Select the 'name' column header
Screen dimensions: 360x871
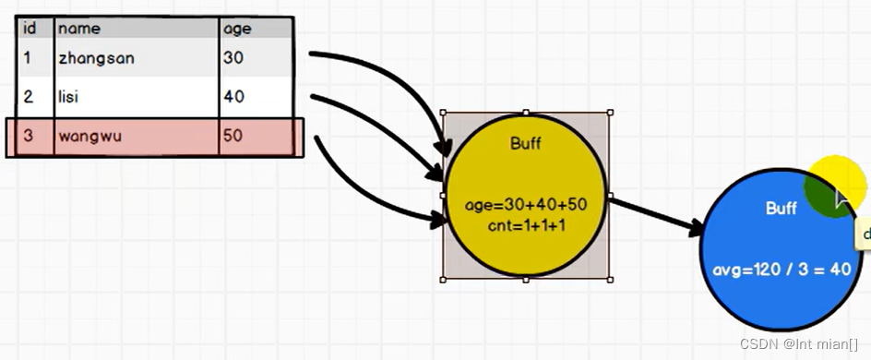[78, 29]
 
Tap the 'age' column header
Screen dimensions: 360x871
[237, 29]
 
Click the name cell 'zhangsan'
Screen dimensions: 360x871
[96, 58]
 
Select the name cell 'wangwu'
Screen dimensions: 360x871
[91, 137]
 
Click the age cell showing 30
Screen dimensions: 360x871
[233, 58]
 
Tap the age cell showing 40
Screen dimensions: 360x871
[233, 97]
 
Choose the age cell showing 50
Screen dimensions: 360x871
[233, 137]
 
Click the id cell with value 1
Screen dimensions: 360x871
[28, 58]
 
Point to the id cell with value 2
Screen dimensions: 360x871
[28, 97]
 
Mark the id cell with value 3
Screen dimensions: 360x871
[28, 137]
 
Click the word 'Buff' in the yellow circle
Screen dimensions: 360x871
[525, 143]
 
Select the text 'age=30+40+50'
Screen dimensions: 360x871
[526, 205]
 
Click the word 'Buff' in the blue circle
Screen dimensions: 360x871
[781, 209]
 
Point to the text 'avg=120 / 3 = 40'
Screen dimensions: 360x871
[782, 270]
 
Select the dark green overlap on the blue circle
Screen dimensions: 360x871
[824, 191]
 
